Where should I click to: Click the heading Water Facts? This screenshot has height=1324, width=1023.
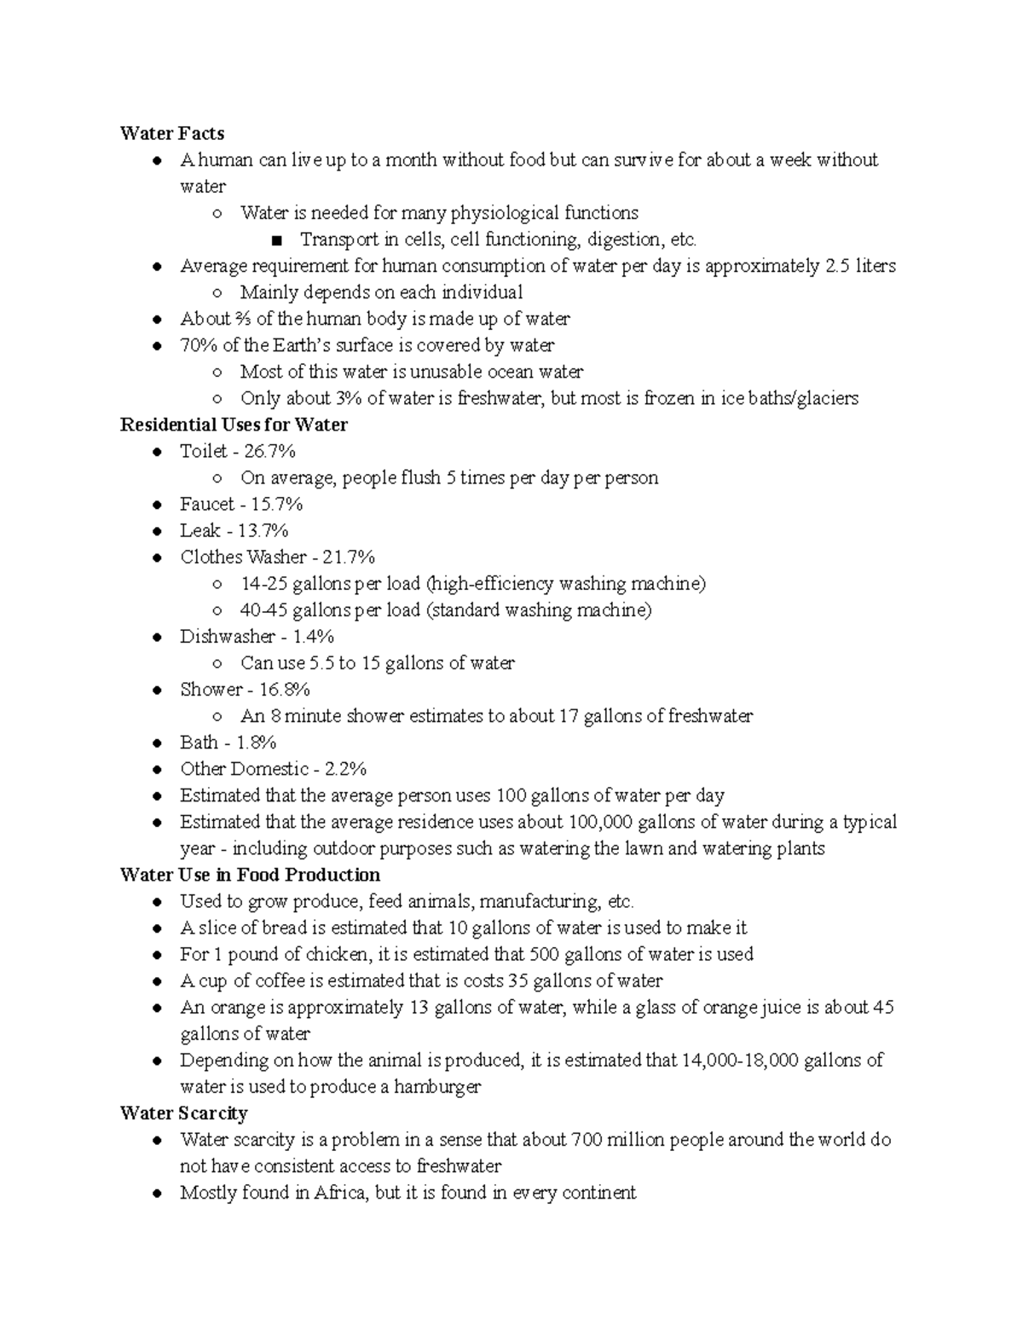coord(172,133)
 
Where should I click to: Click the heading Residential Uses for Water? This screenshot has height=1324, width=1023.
coord(234,425)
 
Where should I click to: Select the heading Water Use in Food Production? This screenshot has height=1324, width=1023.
coord(250,875)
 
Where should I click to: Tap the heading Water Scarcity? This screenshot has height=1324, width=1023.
coord(183,1113)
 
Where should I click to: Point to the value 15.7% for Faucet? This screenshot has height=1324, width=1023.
coord(276,504)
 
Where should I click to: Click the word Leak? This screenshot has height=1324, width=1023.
coord(199,530)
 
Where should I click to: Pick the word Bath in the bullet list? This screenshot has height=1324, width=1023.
coord(199,742)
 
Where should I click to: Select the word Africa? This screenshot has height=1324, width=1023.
coord(342,1192)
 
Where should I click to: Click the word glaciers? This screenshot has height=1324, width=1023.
coord(825,398)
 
